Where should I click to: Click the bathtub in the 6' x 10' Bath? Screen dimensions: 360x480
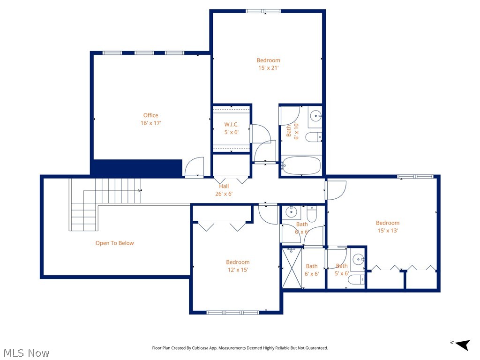click(x=301, y=166)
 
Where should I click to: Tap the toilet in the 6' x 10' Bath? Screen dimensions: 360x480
click(x=313, y=137)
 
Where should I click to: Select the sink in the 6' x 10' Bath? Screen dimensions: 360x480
click(x=316, y=116)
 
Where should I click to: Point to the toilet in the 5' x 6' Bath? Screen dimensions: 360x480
click(x=357, y=280)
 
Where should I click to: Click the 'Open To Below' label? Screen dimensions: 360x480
click(x=114, y=243)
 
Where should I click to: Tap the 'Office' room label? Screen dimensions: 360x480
click(x=150, y=115)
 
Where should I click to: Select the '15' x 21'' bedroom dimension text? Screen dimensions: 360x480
click(x=268, y=68)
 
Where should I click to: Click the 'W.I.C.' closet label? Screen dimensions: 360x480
click(x=232, y=125)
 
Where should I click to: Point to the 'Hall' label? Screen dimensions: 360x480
click(x=224, y=187)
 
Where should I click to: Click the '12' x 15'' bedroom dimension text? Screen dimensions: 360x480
click(x=238, y=270)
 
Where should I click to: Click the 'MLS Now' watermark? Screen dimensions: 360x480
click(x=26, y=352)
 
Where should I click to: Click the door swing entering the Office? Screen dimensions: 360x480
click(x=195, y=167)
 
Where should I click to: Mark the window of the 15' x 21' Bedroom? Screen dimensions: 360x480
click(x=263, y=11)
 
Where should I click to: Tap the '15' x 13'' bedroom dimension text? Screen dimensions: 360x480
click(x=387, y=231)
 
